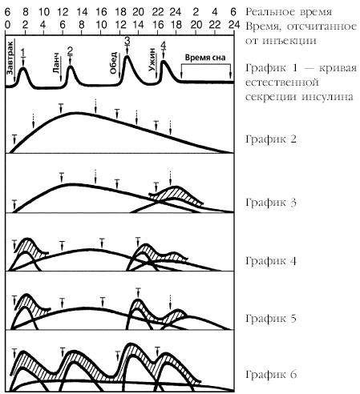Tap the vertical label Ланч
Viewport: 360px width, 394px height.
click(x=56, y=66)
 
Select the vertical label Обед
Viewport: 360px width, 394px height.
click(x=113, y=63)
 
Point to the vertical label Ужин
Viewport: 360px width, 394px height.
click(x=152, y=59)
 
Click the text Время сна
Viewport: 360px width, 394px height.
click(x=205, y=58)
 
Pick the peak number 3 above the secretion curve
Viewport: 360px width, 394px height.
click(x=127, y=41)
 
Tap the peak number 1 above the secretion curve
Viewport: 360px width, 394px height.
click(x=23, y=52)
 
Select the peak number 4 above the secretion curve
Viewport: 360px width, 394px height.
click(x=163, y=46)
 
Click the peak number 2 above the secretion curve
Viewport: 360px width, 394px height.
click(x=70, y=50)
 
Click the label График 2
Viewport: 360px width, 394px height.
click(x=271, y=139)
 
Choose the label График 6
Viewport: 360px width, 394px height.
click(x=271, y=375)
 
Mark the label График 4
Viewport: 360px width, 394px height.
click(x=271, y=261)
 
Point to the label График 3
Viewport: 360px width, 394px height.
click(x=271, y=203)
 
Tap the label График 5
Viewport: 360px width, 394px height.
click(x=271, y=319)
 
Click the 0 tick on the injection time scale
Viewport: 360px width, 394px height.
click(x=7, y=25)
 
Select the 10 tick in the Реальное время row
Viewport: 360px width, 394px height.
click(x=44, y=12)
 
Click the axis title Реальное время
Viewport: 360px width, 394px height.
click(x=289, y=12)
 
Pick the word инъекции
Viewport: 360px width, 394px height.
click(x=289, y=41)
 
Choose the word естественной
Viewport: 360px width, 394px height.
click(x=282, y=82)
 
